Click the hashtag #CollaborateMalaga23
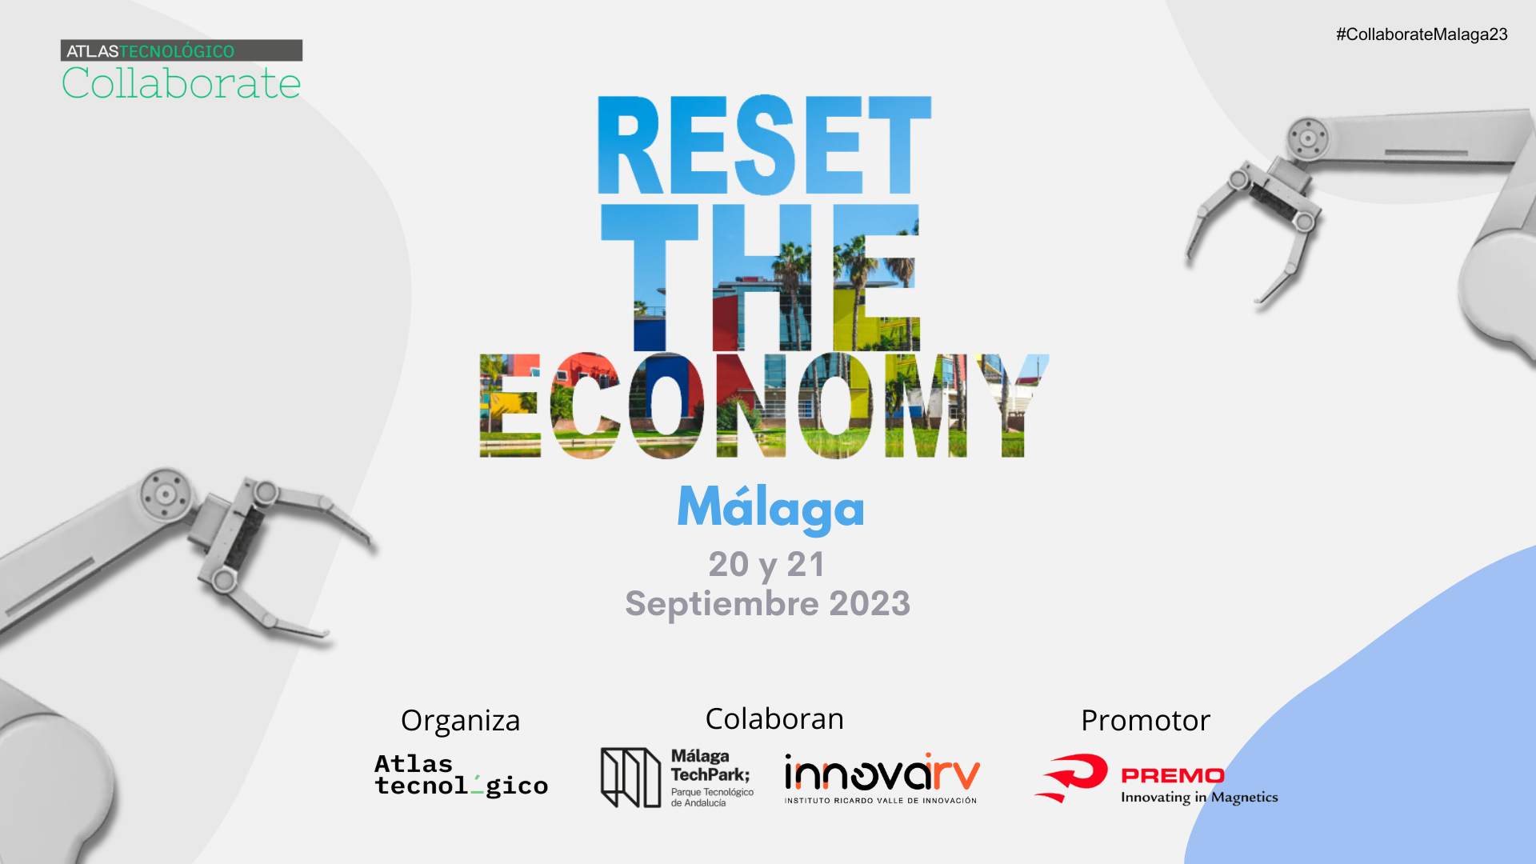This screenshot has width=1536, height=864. click(1422, 34)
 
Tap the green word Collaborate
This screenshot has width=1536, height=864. click(182, 83)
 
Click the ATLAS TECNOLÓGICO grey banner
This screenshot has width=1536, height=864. click(182, 50)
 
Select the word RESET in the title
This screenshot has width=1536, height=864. click(764, 146)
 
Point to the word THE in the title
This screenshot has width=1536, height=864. click(760, 276)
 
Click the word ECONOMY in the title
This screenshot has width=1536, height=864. click(764, 406)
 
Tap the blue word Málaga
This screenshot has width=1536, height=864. click(770, 507)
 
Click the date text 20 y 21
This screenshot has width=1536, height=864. click(766, 565)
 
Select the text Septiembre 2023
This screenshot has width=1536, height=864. click(767, 603)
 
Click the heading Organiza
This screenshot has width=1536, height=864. click(460, 720)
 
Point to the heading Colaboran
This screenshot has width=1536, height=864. click(774, 718)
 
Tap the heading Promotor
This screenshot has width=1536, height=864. click(1146, 720)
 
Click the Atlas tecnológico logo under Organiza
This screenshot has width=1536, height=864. click(461, 775)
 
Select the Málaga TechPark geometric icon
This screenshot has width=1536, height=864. click(630, 777)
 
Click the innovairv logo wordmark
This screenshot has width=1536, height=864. click(882, 774)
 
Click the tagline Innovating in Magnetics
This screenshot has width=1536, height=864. click(1199, 797)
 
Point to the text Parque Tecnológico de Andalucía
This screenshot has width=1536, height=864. click(712, 798)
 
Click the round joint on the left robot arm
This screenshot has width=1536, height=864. click(166, 494)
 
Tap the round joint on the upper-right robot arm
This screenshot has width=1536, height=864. click(1308, 138)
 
